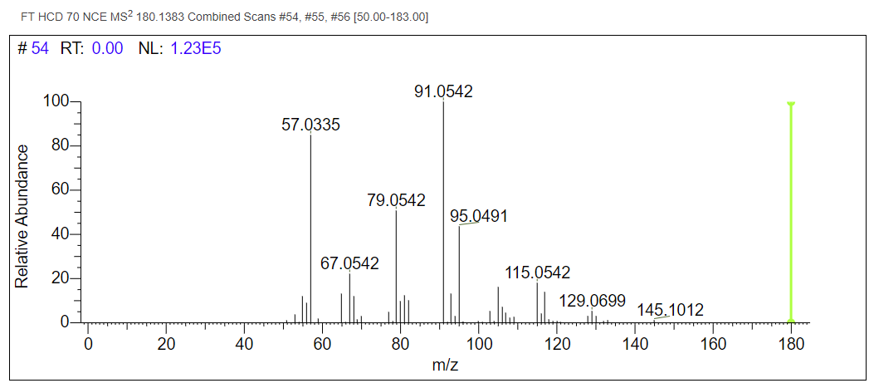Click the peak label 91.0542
443,91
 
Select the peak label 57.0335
311,125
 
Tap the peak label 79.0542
396,200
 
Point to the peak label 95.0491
479,216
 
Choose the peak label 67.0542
349,263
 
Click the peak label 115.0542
538,273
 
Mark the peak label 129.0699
593,300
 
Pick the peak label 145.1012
671,310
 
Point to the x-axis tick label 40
244,344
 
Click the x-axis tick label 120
557,344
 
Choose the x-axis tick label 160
713,344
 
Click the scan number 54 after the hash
40,49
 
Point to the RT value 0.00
107,49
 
